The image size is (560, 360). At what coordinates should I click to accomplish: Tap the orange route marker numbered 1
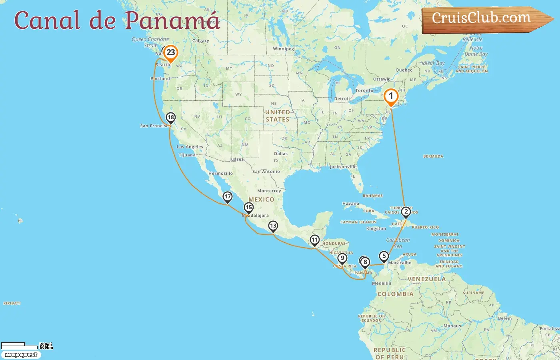tap(391, 97)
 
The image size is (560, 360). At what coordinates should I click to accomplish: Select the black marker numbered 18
tap(171, 118)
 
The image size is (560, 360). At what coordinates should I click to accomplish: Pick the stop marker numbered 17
tap(228, 197)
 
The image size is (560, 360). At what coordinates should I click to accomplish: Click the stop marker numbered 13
tap(273, 226)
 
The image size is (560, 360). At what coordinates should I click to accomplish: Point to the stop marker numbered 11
tap(315, 240)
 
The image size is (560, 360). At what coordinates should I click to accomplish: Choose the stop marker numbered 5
tap(384, 256)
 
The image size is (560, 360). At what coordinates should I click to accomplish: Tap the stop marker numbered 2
tap(406, 212)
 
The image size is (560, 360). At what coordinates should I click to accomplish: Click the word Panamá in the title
tap(172, 20)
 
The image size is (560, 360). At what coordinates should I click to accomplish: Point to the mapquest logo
tap(21, 355)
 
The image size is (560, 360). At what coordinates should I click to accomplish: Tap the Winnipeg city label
tap(283, 49)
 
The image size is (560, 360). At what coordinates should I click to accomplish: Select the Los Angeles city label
tap(190, 147)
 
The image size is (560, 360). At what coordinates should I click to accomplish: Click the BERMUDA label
tap(433, 156)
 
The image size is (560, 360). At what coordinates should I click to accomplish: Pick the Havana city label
tap(351, 204)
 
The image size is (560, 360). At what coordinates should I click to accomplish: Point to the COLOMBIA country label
tap(395, 294)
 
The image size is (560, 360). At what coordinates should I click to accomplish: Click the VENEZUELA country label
tap(426, 279)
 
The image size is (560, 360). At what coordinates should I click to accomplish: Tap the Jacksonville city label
tap(343, 167)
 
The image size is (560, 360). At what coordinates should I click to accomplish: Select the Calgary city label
tap(201, 41)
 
